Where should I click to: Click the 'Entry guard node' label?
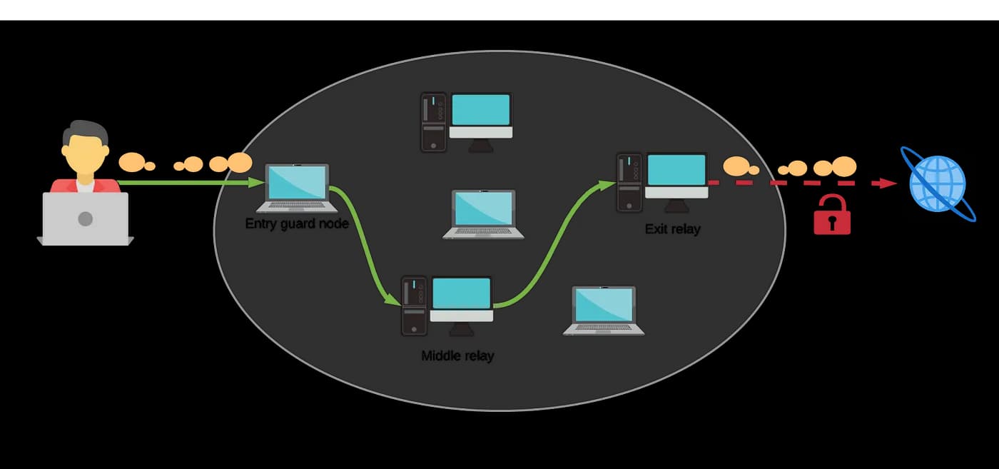(x=297, y=223)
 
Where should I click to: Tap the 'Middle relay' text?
(x=457, y=355)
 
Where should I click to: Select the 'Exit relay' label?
(x=672, y=229)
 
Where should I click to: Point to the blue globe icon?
(x=938, y=183)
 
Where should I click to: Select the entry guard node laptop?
(x=297, y=188)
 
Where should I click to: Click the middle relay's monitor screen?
(x=462, y=293)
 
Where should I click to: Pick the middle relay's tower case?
(x=415, y=306)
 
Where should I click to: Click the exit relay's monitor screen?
(x=676, y=170)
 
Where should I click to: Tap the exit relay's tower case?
(x=629, y=182)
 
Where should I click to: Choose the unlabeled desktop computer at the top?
(x=467, y=121)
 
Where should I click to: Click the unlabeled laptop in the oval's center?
(x=484, y=213)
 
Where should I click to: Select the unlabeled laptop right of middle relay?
(x=604, y=310)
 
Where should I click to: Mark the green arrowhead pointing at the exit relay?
(x=608, y=185)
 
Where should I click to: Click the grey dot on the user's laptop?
(x=86, y=218)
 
